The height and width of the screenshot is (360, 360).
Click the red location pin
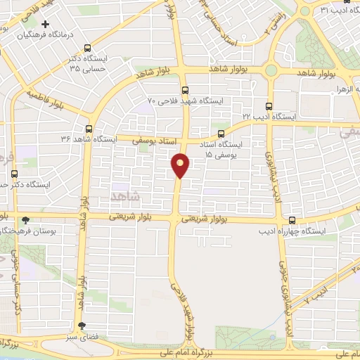[181, 165]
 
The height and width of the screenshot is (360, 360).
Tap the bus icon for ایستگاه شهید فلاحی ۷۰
[185, 90]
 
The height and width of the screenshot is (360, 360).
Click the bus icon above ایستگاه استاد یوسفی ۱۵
[221, 133]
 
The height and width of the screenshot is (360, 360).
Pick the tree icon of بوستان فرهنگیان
[26, 219]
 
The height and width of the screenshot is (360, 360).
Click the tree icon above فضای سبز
[82, 325]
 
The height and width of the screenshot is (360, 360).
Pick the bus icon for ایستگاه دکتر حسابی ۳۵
[87, 49]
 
